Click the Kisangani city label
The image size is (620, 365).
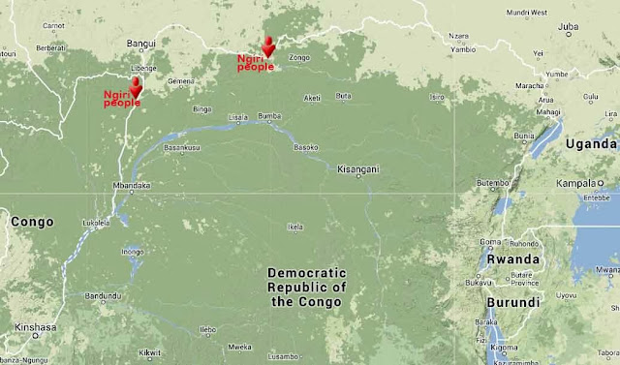(x=357, y=169)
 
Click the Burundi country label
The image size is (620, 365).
(x=515, y=302)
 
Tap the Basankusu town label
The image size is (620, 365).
(x=181, y=148)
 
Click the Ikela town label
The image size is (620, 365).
(x=294, y=228)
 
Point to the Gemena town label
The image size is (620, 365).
(x=181, y=81)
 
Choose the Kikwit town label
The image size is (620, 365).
(x=149, y=352)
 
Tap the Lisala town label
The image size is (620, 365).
(x=237, y=117)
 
